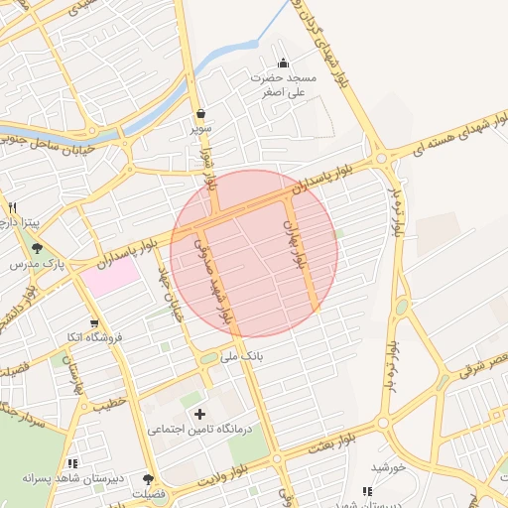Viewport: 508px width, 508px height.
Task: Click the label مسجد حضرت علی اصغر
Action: tap(282, 84)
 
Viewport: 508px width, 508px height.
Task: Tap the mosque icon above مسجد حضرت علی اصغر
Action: tap(283, 63)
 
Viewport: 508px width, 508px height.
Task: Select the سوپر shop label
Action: tap(201, 129)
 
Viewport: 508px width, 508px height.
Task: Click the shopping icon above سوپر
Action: tap(201, 113)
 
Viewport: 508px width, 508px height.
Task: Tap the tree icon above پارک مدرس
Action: tap(38, 249)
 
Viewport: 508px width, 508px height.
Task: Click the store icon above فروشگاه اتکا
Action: tap(94, 322)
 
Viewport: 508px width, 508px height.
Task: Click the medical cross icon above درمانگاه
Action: tap(200, 413)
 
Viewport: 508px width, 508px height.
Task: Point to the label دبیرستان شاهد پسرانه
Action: tap(75, 479)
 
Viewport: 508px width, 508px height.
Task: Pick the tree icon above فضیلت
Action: tap(149, 478)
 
